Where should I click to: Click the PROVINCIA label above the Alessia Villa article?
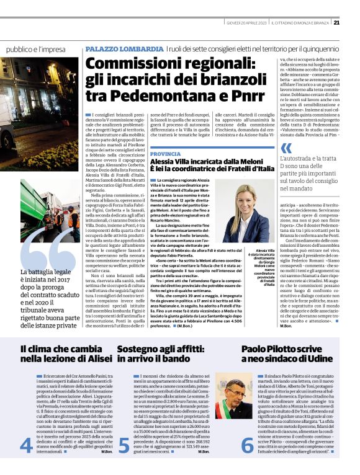point(165,153)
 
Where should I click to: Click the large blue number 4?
point(27,445)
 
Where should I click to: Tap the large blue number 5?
point(124,445)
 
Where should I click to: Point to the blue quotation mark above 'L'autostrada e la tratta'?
point(286,148)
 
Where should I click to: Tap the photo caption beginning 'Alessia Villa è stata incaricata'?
point(264,265)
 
